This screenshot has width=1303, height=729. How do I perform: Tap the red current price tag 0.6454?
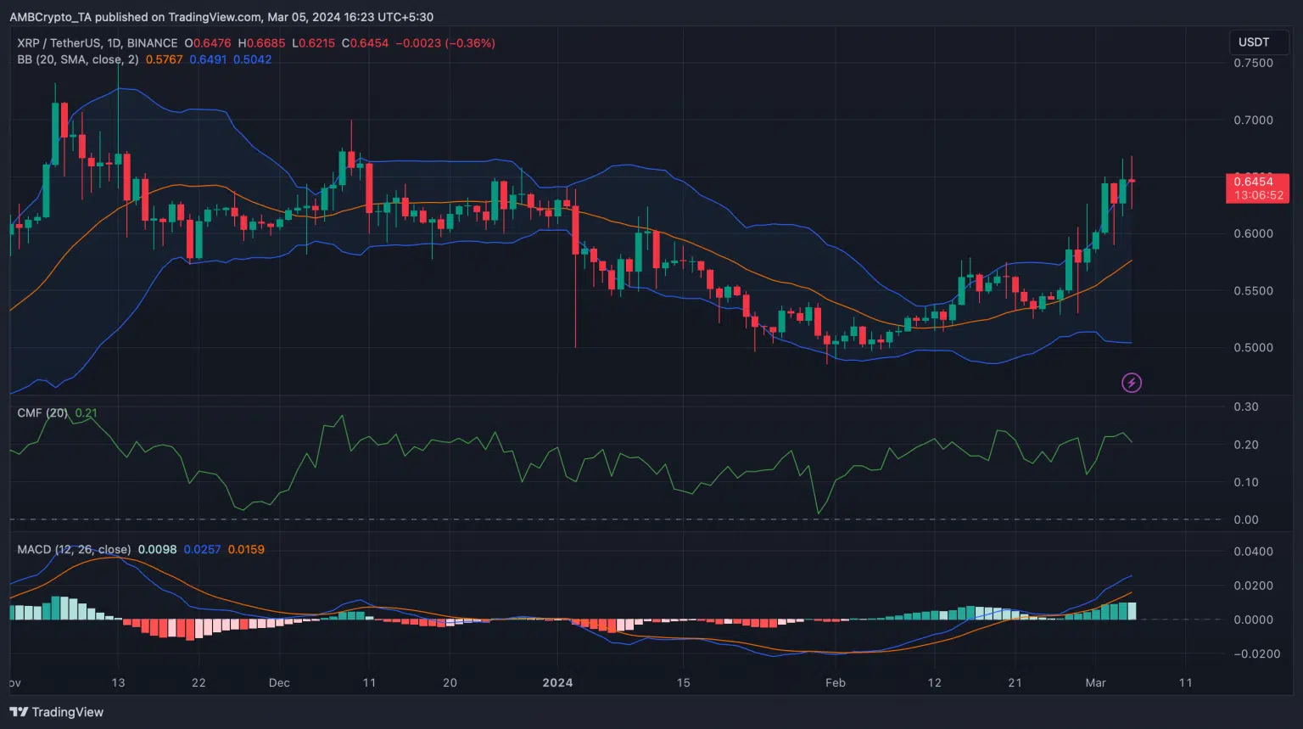[1256, 182]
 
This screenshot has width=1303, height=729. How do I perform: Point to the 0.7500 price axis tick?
[1253, 64]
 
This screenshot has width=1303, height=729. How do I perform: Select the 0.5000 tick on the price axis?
[1253, 348]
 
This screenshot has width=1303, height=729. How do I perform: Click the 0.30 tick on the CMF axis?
[1246, 407]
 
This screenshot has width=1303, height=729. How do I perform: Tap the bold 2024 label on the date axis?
[557, 683]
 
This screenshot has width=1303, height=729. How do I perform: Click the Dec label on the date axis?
[279, 683]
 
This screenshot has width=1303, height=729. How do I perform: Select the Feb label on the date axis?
[836, 683]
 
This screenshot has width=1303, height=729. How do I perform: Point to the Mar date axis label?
[1095, 683]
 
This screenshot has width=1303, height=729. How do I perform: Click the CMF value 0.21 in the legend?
[86, 413]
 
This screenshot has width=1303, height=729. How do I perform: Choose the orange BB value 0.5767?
[164, 60]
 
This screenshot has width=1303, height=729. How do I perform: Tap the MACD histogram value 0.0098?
[157, 550]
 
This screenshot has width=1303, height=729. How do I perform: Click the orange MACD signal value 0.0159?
[246, 550]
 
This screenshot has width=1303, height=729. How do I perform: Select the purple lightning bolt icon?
[1132, 383]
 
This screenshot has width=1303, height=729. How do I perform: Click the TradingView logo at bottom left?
[57, 712]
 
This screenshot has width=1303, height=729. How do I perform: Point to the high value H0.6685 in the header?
[262, 43]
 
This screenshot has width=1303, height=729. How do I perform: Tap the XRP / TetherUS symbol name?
[58, 43]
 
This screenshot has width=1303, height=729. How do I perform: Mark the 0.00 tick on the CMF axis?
[1246, 520]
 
